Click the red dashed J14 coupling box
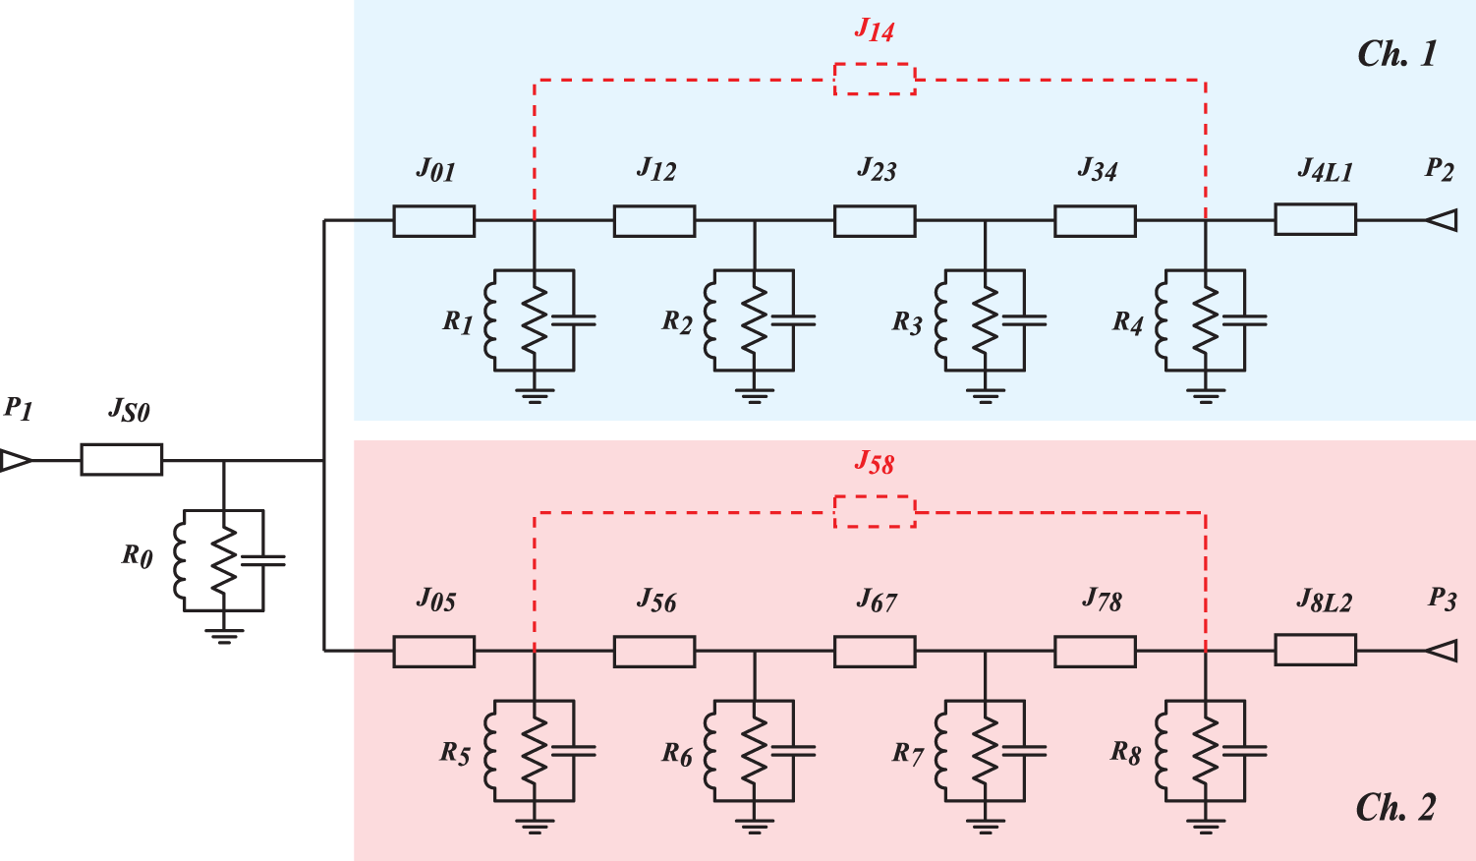click(875, 80)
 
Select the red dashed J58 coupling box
click(875, 512)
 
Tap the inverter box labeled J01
click(433, 221)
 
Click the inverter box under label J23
click(875, 221)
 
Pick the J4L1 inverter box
click(1315, 220)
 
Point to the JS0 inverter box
click(121, 460)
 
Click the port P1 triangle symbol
click(16, 460)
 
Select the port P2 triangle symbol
click(1442, 221)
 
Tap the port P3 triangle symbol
click(1442, 651)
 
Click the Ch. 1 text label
click(1396, 54)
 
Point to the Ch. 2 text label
click(1395, 808)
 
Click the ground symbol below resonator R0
click(224, 634)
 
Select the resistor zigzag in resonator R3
click(985, 320)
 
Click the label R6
click(677, 754)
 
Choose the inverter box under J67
click(875, 652)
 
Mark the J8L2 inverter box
click(1315, 650)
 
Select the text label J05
click(436, 599)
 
